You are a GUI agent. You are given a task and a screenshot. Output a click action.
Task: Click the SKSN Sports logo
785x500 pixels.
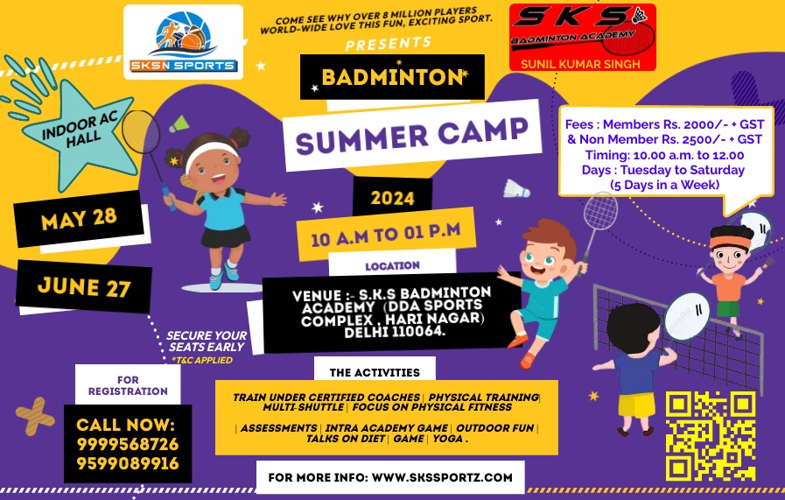click(x=183, y=42)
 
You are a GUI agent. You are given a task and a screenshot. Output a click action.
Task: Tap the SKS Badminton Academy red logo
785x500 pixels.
click(x=582, y=37)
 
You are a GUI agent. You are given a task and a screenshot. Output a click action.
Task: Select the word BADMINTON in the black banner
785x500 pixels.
click(x=392, y=77)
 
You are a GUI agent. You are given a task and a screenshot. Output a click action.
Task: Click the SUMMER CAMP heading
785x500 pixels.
click(x=411, y=135)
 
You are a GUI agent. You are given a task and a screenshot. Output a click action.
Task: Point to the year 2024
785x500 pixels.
click(x=392, y=199)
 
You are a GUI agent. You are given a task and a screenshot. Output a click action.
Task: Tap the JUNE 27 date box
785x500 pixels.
click(x=84, y=286)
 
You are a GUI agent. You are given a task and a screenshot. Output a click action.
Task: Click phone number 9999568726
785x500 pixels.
click(x=128, y=444)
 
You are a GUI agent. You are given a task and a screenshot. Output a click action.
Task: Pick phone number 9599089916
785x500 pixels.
click(x=128, y=463)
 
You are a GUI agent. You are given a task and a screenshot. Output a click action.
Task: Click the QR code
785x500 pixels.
click(x=711, y=435)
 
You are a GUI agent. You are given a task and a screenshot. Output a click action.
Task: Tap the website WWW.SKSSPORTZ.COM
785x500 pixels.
click(x=442, y=477)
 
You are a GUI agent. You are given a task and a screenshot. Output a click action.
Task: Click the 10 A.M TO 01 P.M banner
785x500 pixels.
click(x=386, y=234)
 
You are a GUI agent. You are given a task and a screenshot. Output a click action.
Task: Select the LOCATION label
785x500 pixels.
click(x=392, y=266)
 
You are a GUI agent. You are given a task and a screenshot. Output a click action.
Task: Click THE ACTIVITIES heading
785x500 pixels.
click(x=375, y=372)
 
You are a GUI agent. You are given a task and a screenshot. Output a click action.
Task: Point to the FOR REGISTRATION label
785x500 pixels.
click(x=128, y=385)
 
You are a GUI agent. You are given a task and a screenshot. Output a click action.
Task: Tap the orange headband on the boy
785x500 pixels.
click(x=731, y=242)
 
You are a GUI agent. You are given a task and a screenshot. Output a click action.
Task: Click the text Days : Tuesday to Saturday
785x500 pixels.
click(x=662, y=170)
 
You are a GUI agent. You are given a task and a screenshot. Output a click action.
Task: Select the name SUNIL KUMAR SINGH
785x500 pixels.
click(x=580, y=64)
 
